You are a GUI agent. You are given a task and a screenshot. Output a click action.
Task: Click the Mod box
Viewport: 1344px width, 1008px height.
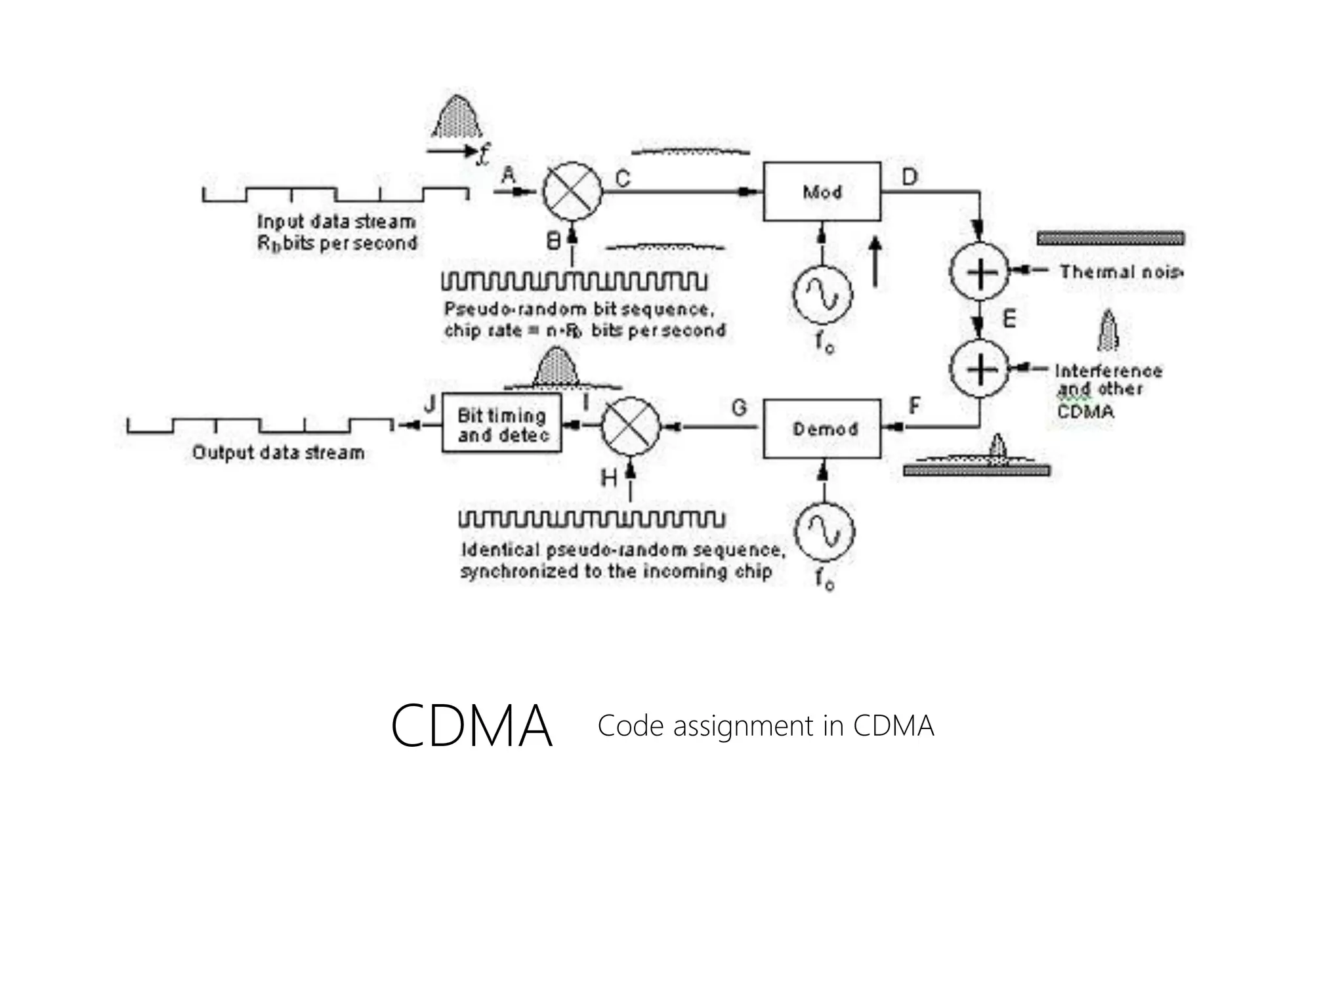point(822,192)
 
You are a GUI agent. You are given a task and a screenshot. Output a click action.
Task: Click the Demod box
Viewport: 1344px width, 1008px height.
point(822,429)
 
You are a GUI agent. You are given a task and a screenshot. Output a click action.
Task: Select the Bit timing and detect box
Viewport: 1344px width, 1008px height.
point(502,423)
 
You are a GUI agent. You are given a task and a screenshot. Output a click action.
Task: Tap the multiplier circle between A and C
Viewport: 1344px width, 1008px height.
point(572,191)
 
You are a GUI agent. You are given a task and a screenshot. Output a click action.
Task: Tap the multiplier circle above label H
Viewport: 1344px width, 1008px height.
point(631,427)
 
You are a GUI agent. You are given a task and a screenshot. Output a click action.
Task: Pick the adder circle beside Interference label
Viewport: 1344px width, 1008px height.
point(979,369)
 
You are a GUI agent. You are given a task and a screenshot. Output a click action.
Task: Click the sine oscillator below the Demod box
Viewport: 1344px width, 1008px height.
point(824,532)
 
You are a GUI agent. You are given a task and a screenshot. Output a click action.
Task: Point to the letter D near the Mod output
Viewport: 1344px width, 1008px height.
point(910,177)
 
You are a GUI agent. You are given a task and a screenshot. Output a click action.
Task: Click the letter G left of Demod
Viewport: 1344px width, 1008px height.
point(740,408)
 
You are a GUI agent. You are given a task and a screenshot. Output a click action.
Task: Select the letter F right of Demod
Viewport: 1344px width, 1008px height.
point(914,406)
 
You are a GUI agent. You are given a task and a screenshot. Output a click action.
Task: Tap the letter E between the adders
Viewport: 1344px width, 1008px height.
point(1009,319)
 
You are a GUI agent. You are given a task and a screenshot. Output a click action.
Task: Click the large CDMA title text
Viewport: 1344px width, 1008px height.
point(471,726)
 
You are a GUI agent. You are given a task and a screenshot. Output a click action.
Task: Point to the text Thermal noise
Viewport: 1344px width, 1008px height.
point(1121,272)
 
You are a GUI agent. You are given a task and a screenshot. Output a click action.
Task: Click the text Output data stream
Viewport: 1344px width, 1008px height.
point(278,452)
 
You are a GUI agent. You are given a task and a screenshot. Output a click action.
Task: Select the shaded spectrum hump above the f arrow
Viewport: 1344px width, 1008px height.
point(457,118)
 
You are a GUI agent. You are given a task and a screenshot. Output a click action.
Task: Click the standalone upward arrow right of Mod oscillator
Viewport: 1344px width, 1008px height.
point(874,262)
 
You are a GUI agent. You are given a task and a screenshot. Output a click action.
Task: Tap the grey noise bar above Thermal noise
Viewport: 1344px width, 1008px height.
point(1110,238)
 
